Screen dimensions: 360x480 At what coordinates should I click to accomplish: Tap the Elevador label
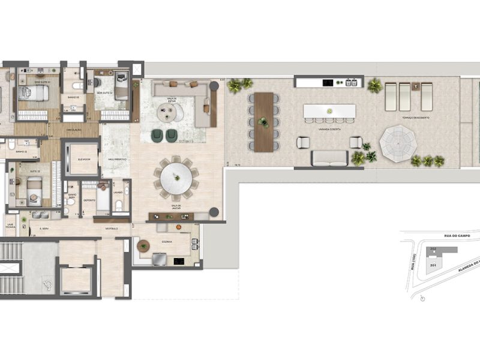pos(83,159)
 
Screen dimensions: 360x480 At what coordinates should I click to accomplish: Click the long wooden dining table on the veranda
pos(263,122)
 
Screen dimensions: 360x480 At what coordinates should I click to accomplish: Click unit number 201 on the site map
pos(433,264)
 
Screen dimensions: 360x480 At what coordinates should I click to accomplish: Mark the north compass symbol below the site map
pos(424,298)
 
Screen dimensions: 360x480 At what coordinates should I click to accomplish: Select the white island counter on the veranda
pos(329,112)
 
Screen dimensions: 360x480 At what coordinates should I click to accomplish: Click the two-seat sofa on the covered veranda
pos(329,157)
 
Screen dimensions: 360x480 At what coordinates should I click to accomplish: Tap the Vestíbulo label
pos(111,227)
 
